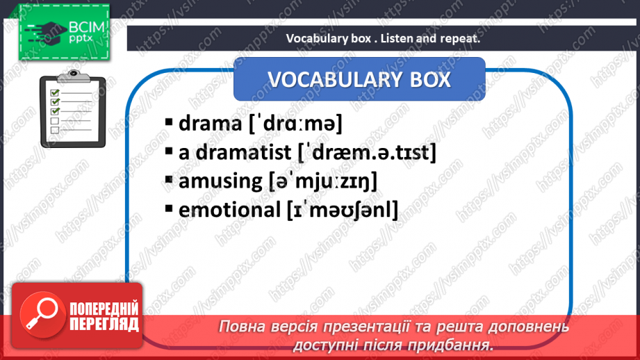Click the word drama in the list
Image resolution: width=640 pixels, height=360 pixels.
point(210,123)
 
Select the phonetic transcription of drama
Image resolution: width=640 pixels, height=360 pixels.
point(295,124)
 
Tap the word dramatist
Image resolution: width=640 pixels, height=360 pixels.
point(243,152)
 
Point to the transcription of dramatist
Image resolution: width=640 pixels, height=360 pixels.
point(367,153)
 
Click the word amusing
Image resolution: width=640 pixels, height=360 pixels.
point(220,181)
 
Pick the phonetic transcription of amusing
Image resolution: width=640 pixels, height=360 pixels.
point(323,181)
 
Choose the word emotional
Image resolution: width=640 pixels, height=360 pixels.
point(229,210)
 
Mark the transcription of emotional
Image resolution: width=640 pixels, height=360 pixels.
point(343,210)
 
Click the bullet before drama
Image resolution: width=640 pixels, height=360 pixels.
point(169,122)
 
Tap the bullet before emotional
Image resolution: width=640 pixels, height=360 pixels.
point(169,208)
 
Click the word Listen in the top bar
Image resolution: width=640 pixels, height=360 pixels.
point(397,38)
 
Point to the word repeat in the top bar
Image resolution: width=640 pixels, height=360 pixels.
point(460,39)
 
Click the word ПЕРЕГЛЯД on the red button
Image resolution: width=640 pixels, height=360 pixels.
point(104,325)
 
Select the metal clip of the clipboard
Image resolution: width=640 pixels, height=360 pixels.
point(74,76)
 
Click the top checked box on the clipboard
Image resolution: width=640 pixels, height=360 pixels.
point(55,92)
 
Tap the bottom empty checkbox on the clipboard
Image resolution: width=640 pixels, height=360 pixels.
point(55,130)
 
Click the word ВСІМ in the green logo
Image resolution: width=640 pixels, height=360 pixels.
point(87,27)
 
